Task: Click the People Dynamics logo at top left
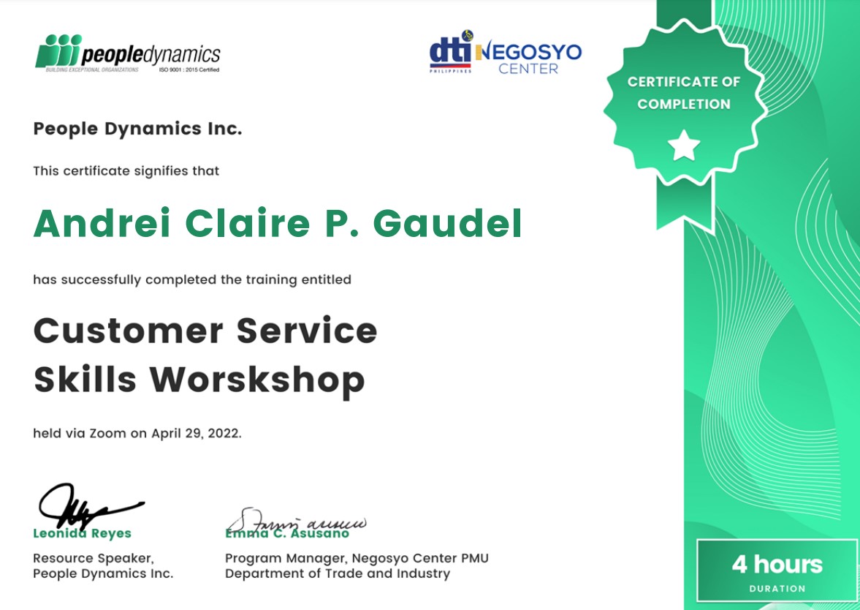click(128, 53)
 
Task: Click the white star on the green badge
click(685, 145)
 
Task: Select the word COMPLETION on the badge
click(683, 104)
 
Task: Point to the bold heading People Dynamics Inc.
click(137, 129)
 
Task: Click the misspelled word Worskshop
click(257, 380)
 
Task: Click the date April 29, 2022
click(196, 433)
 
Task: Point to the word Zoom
click(108, 433)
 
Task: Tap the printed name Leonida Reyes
click(82, 534)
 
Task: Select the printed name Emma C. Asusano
click(287, 534)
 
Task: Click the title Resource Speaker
click(93, 558)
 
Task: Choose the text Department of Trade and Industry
click(338, 573)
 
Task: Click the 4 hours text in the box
click(777, 565)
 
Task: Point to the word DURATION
click(777, 588)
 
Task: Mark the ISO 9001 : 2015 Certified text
click(189, 70)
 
